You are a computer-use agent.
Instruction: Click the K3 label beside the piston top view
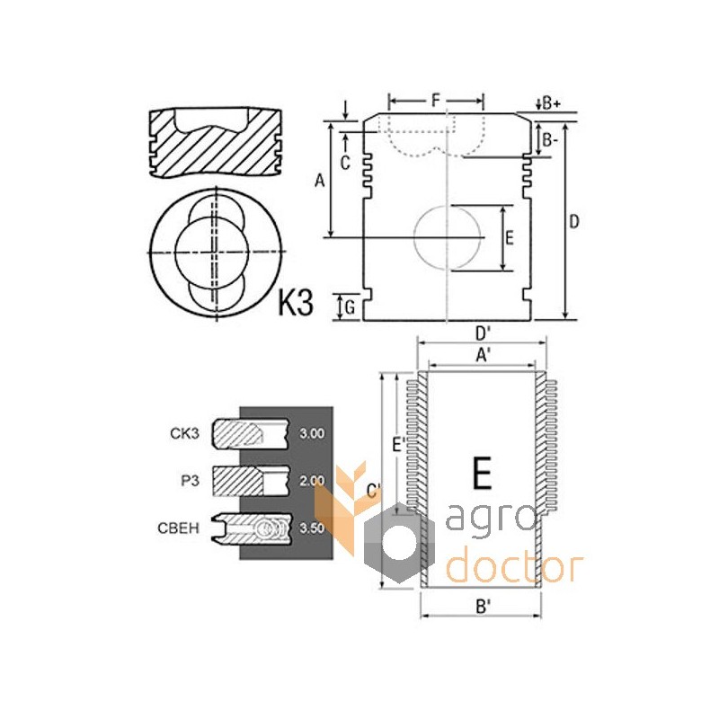[x=296, y=303]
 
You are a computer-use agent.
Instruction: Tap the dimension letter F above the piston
[x=436, y=100]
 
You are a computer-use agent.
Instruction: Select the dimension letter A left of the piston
[x=320, y=181]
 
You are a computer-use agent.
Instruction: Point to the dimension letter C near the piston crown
[x=345, y=163]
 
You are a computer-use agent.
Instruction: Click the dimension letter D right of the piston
[x=574, y=222]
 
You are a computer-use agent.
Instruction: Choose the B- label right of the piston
[x=549, y=140]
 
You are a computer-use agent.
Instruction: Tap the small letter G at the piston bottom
[x=350, y=307]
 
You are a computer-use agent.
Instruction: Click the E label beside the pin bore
[x=509, y=238]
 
